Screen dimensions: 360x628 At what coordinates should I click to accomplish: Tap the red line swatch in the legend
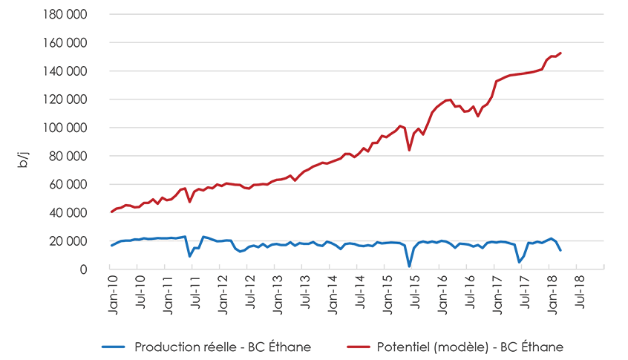click(360, 347)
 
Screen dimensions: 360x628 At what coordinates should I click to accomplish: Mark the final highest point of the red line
click(560, 53)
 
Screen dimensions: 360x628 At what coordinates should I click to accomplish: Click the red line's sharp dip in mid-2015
click(409, 150)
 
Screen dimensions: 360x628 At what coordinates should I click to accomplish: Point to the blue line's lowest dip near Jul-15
click(409, 266)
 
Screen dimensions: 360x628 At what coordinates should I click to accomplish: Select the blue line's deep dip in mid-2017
click(519, 262)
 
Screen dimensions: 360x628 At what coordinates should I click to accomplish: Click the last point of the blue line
click(560, 250)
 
